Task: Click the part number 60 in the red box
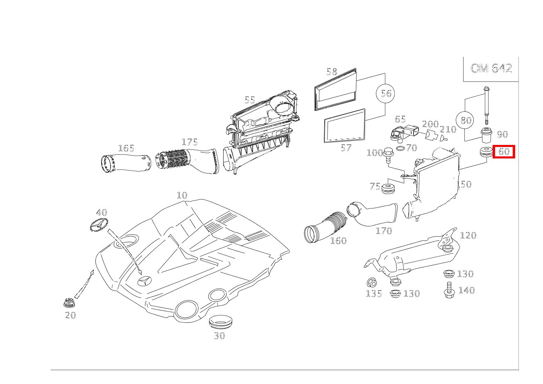pos(504,151)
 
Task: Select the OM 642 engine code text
pos(491,68)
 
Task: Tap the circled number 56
pos(386,93)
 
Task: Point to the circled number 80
pos(466,120)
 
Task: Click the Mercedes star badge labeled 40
pos(98,225)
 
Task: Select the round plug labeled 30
pos(220,322)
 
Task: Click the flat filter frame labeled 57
pos(344,126)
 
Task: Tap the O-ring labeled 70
pos(401,148)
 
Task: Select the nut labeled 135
pos(372,282)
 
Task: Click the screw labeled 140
pos(449,290)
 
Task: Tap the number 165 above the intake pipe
pos(126,148)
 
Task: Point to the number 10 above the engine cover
pos(182,195)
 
